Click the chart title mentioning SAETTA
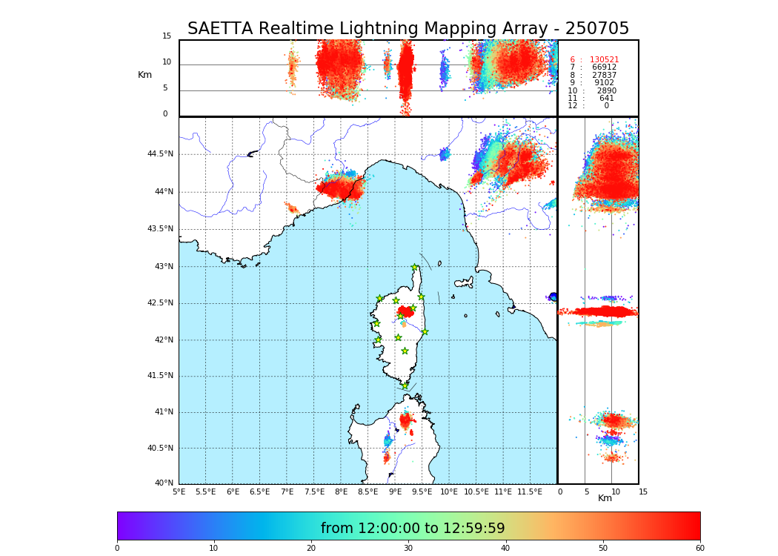click(x=408, y=29)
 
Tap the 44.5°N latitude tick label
click(x=160, y=154)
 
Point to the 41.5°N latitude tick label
click(x=160, y=376)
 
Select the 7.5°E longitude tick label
click(x=314, y=492)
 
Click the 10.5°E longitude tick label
click(x=476, y=492)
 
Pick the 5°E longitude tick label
click(x=179, y=492)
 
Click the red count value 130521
click(x=604, y=60)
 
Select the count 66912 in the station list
click(x=604, y=67)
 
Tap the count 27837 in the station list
click(x=604, y=76)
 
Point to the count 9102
click(x=604, y=83)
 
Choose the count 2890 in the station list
click(x=606, y=91)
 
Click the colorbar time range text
click(x=413, y=529)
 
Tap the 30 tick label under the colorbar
click(x=408, y=549)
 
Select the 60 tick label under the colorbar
click(x=699, y=549)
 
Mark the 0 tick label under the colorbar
click(x=117, y=549)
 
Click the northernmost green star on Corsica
click(x=415, y=268)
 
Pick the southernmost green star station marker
click(x=405, y=385)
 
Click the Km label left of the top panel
click(x=145, y=75)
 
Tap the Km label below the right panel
click(x=605, y=498)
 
